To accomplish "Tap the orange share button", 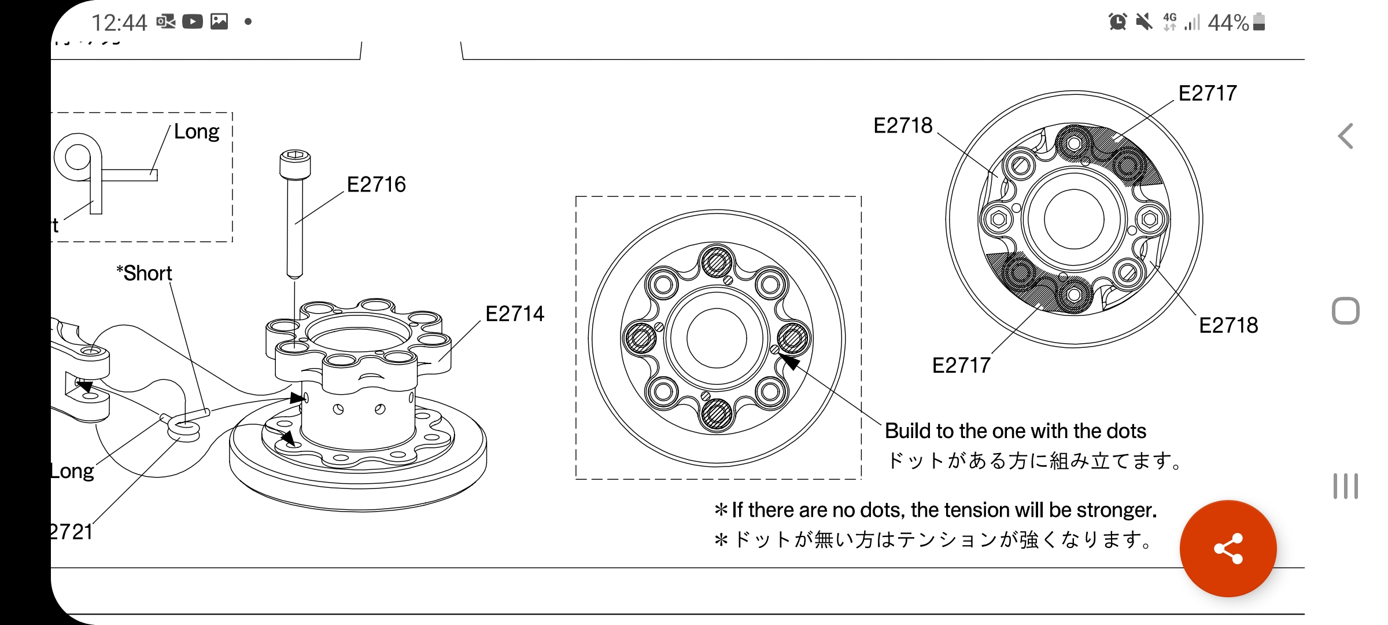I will point(1228,548).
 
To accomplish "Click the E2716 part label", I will point(376,185).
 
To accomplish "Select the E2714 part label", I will point(515,314).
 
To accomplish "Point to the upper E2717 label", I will point(1208,93).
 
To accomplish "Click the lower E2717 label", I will point(961,366).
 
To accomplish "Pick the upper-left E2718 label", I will point(903,126).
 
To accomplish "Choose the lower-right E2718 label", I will point(1228,326).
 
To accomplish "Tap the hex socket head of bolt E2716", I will point(295,155).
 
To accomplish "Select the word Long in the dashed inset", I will point(197,132).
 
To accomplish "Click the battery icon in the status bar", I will point(1259,22).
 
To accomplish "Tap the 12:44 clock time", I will point(119,23).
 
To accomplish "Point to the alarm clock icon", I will point(1117,22).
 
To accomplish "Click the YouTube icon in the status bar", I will point(193,22).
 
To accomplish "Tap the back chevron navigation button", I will point(1345,137).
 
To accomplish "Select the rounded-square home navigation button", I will point(1345,311).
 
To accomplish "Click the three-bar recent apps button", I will point(1345,486).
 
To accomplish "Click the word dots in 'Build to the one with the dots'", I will point(1126,431).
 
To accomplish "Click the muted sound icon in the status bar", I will point(1143,22).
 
